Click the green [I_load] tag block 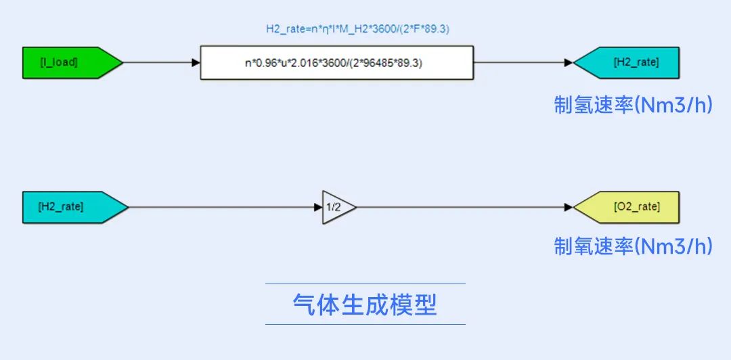click(72, 62)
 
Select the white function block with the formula click(336, 62)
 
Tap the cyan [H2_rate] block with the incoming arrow click(626, 62)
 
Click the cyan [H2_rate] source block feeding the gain click(75, 207)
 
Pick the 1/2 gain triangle click(336, 207)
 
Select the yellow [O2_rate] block click(626, 207)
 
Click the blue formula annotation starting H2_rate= click(357, 29)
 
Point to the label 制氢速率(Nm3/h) click(634, 106)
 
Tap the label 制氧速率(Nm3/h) click(634, 246)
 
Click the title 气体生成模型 click(365, 305)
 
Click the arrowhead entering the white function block click(196, 62)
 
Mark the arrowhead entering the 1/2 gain click(318, 207)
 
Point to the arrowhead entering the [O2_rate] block click(569, 207)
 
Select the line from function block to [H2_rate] click(523, 62)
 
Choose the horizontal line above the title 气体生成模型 click(365, 284)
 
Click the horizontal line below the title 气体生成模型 click(365, 324)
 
